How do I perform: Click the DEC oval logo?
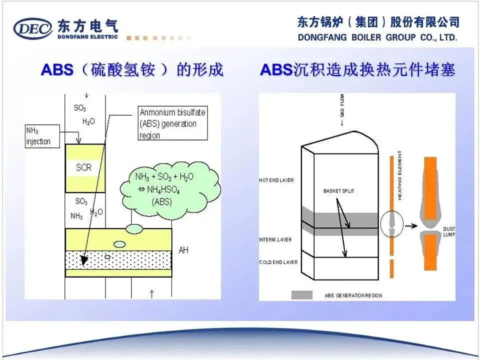click(33, 28)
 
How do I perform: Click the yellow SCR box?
click(84, 167)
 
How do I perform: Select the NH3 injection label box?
click(41, 136)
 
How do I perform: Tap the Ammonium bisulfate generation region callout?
click(172, 124)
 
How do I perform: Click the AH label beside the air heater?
click(183, 250)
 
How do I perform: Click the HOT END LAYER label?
click(276, 180)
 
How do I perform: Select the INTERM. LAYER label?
click(275, 240)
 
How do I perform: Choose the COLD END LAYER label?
click(278, 262)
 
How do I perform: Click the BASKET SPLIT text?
click(338, 191)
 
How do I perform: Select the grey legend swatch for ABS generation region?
click(302, 295)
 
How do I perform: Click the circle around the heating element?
click(392, 225)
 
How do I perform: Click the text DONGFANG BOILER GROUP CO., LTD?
click(377, 37)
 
